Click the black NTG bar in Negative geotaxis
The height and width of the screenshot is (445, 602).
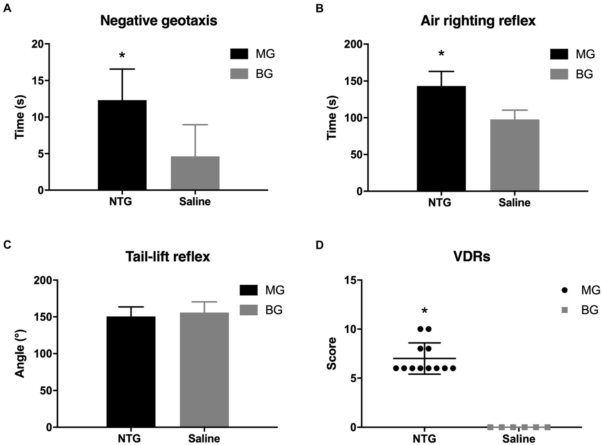(122, 145)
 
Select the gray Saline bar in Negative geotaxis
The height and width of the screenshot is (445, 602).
(195, 173)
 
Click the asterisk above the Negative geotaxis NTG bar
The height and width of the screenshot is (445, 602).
(122, 56)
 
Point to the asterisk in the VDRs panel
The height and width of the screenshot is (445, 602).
(424, 311)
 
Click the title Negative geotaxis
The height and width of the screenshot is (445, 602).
(158, 20)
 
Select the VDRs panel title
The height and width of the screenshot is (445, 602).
(471, 257)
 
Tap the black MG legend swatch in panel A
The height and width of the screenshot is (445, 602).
(239, 54)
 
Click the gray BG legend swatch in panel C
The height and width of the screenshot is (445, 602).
(248, 310)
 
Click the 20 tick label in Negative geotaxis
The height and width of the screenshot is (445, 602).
(38, 44)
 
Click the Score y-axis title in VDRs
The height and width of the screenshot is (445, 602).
(332, 353)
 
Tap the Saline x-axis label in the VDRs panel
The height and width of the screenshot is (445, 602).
(518, 439)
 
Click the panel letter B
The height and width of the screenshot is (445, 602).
(320, 8)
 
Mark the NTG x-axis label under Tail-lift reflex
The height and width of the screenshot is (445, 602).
(129, 438)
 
